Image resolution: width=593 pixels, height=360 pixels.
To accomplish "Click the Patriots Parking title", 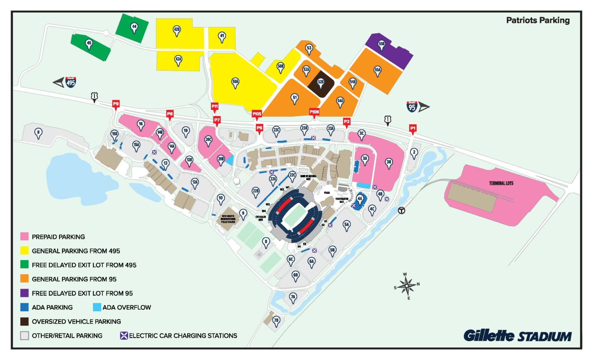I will pos(537,20).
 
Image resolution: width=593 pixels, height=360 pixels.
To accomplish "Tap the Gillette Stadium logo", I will pos(517,336).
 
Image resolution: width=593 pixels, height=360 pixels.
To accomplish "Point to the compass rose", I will pos(407,286).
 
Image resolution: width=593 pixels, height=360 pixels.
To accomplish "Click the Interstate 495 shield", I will pos(71,82).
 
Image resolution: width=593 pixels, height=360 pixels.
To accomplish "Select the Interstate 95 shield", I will pos(412,106).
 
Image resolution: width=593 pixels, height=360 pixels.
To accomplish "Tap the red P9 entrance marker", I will pos(115,104).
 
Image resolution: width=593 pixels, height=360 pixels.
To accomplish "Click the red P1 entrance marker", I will pos(413,128).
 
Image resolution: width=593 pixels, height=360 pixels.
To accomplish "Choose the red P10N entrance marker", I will pos(314,112).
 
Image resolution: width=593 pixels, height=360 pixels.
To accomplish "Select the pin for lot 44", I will pos(134,27).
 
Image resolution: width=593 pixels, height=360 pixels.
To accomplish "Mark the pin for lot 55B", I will pos(381,44).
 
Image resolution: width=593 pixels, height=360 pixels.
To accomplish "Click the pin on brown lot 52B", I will pos(321,82).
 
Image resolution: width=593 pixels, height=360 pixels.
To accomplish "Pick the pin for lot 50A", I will pos(235,82).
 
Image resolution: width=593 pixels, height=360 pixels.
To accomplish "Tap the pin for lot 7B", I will pos(276,321).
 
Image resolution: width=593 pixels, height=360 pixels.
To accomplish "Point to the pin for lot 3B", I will pos(389,163).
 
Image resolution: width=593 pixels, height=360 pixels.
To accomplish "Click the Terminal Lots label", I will pos(501,183).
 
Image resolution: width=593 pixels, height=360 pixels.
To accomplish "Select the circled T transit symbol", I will pos(402,211).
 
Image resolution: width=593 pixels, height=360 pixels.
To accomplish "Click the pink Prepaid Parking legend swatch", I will pos(24,237).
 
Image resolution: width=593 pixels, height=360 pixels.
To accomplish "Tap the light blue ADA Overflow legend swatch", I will pos(97,307).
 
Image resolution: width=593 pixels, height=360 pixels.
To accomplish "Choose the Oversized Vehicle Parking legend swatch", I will pos(24,321).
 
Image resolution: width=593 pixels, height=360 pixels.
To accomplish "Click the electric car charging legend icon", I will pos(124,336).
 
